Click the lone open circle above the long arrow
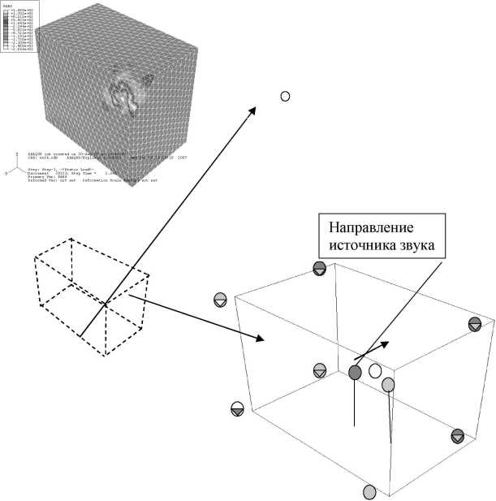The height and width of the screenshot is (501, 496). tap(285, 97)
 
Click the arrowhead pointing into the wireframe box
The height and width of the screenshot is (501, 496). tap(261, 337)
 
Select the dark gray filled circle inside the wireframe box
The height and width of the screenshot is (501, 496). tap(355, 372)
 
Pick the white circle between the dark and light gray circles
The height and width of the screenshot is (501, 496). tap(375, 372)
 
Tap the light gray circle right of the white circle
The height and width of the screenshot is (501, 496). tap(388, 384)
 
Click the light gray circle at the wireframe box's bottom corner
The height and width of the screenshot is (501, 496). tap(369, 492)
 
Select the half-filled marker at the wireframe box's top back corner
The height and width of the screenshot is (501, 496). tap(319, 268)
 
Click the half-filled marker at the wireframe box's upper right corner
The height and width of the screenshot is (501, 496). tap(475, 325)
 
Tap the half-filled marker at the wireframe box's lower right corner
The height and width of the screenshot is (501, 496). tap(458, 435)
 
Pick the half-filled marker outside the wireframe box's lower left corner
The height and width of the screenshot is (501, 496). tap(237, 408)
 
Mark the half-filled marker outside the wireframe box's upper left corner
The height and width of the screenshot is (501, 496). tap(219, 300)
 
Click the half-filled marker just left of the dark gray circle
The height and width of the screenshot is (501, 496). tap(320, 370)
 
